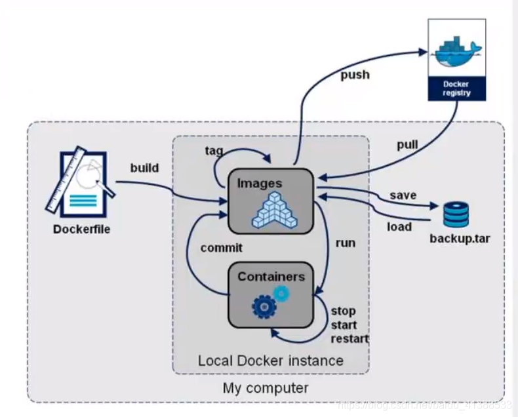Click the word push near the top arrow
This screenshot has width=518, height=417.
(355, 75)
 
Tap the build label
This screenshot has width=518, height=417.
(144, 168)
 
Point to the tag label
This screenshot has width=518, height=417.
(214, 151)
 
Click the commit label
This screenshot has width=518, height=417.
(221, 248)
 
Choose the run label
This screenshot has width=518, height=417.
(345, 243)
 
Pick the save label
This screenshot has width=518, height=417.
(403, 195)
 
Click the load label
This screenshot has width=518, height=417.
(399, 227)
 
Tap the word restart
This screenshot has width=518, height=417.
(349, 339)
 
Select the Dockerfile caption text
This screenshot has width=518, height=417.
(82, 229)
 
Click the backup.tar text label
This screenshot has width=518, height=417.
(460, 237)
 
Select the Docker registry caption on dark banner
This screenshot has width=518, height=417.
(456, 89)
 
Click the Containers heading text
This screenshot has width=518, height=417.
(271, 277)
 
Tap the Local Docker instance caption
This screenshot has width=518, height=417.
(270, 361)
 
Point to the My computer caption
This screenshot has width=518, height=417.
(266, 387)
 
